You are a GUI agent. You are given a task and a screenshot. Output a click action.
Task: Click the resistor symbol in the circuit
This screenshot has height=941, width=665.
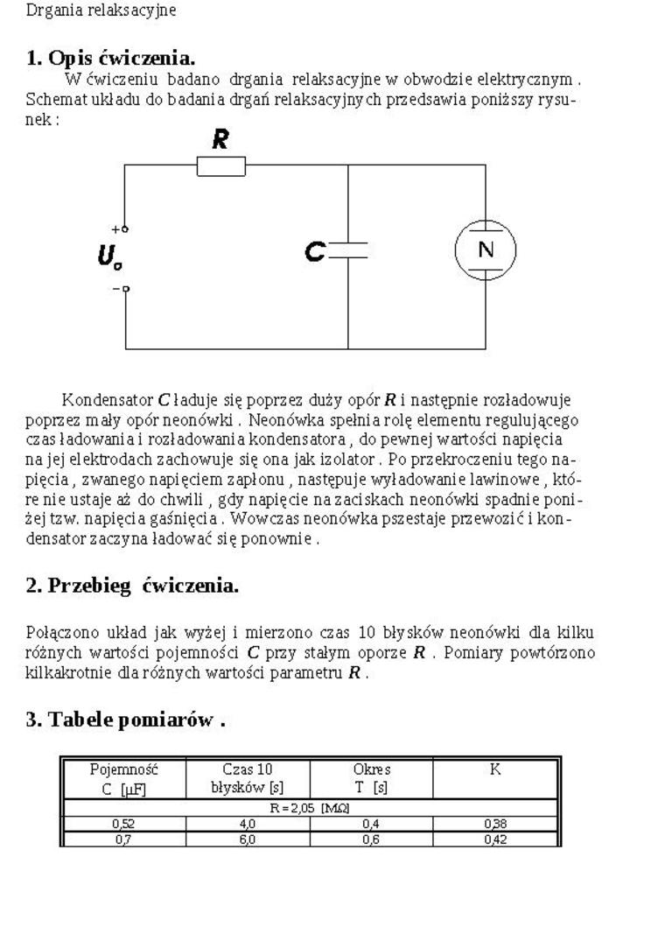pos(220,166)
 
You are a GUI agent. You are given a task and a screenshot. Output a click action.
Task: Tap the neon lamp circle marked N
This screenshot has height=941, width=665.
pos(485,250)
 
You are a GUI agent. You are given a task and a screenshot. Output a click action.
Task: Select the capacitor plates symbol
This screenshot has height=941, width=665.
pos(348,252)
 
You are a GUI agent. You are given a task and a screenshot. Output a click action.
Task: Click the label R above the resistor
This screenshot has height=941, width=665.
pos(221,139)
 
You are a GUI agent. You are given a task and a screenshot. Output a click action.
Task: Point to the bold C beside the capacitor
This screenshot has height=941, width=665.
pos(314,252)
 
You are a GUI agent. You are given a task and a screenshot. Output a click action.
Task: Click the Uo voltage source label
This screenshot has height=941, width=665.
pos(109,256)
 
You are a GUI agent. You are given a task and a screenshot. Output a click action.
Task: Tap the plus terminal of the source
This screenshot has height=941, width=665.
pos(124,228)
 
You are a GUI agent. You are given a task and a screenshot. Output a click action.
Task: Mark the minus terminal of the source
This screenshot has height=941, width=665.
pos(124,288)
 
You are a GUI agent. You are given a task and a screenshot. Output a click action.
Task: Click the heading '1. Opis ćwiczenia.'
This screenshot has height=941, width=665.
pos(110,59)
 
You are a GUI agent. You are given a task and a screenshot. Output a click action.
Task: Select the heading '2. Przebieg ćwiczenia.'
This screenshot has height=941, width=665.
pos(132,586)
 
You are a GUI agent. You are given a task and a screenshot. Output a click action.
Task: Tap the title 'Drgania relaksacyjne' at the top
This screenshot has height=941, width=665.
pos(101,11)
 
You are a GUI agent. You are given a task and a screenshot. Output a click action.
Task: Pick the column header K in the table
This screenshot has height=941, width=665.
pos(495,770)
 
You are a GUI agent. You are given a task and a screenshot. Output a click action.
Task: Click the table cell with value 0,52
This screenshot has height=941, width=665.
pos(124,824)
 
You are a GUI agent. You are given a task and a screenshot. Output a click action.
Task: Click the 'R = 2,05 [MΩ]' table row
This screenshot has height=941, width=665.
pos(311,809)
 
